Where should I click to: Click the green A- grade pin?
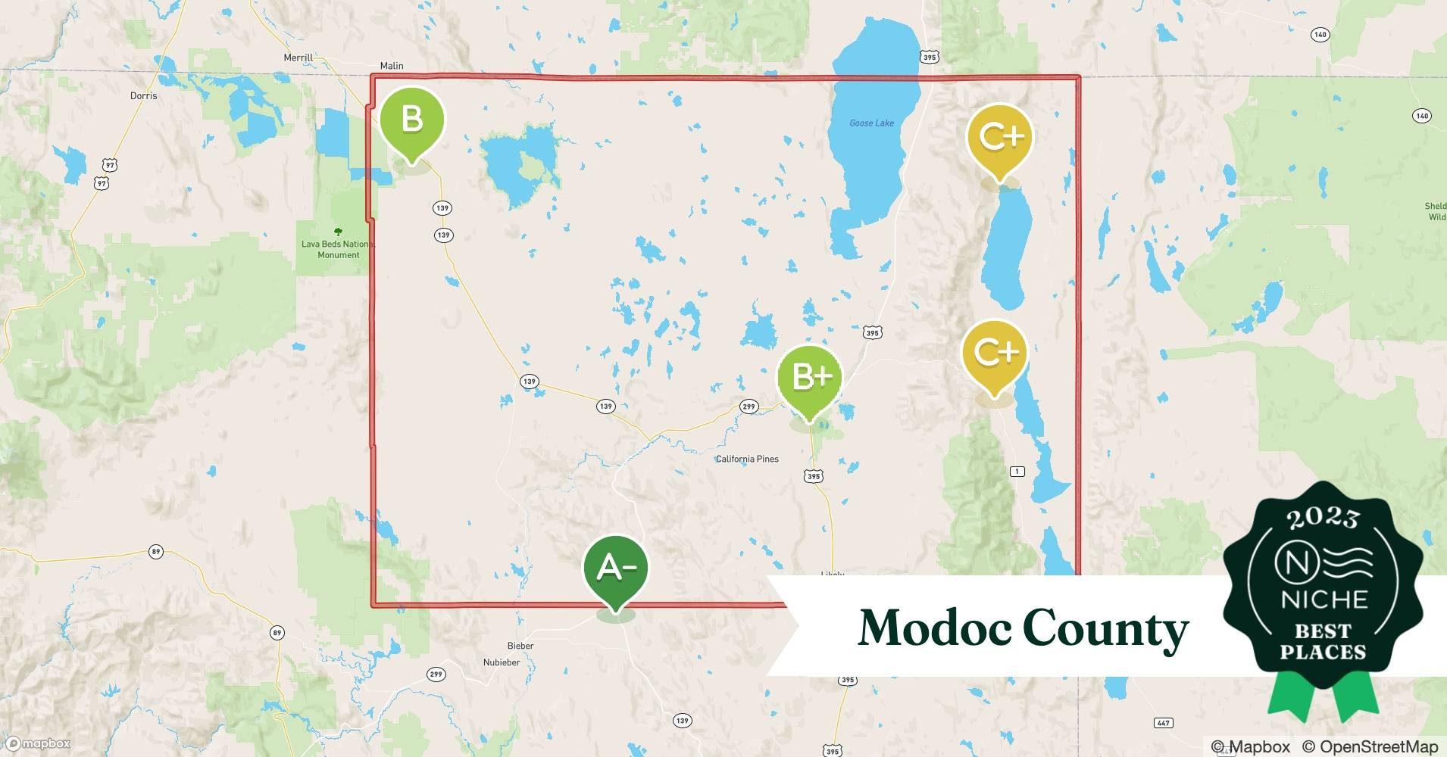[615, 568]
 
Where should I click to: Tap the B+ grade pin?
[810, 377]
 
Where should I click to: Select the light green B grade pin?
[411, 119]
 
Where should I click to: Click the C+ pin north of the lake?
[999, 137]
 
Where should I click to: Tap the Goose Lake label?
[871, 123]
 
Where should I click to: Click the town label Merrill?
[298, 58]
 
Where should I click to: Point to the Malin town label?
[392, 66]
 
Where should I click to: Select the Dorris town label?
[143, 95]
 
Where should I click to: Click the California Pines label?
[747, 459]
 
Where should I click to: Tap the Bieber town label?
[520, 646]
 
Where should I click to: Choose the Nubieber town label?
[502, 662]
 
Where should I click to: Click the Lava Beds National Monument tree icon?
[338, 232]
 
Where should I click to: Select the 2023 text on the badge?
[1323, 518]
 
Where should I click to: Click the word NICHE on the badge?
[1324, 600]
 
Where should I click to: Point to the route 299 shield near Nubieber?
[436, 674]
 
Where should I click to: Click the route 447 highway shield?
[1163, 722]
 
